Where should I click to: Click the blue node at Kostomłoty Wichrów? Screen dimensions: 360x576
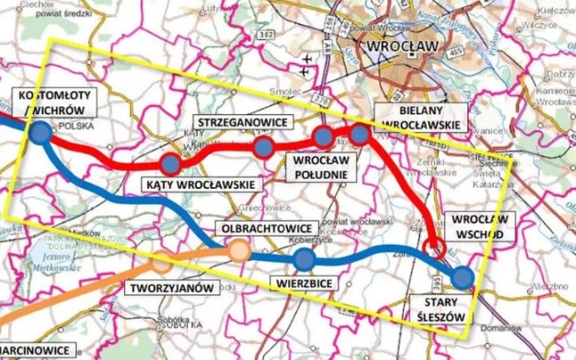[40, 133]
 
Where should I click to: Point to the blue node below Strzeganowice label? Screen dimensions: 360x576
[263, 146]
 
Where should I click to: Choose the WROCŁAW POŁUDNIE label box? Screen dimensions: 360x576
[323, 167]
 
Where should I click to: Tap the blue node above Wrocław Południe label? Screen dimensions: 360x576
[323, 136]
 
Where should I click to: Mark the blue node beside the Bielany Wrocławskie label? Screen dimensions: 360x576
[359, 134]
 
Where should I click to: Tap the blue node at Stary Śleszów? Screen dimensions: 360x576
[462, 278]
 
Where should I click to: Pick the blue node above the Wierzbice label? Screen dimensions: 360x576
[304, 259]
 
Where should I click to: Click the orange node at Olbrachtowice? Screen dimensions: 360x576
[238, 250]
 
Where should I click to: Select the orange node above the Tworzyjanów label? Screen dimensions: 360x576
[161, 261]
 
